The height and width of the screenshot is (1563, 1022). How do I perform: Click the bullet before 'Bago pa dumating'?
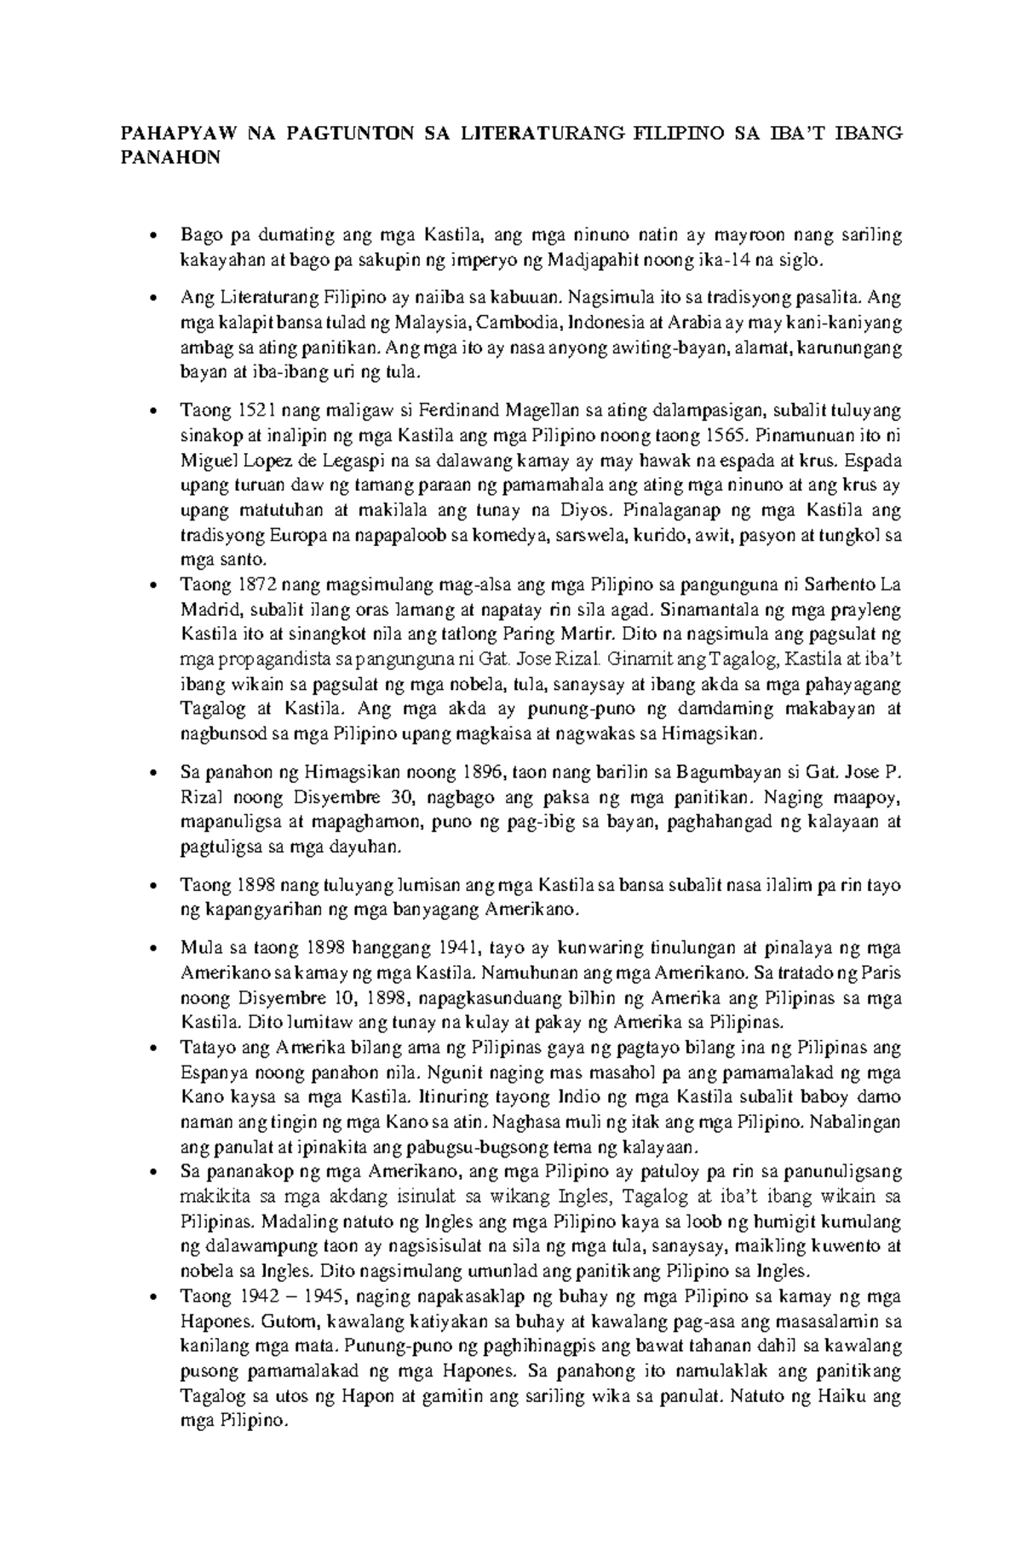pos(152,236)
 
